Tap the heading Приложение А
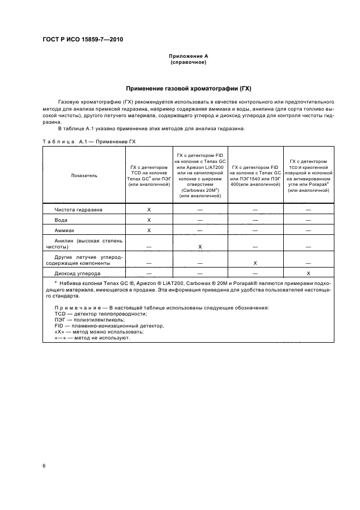(188, 56)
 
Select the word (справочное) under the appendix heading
(188, 62)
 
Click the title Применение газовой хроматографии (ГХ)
(188, 88)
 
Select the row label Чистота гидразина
(78, 209)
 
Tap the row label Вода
(61, 220)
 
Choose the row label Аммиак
(65, 230)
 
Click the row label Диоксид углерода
(77, 273)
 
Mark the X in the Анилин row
(200, 247)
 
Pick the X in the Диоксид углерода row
(308, 273)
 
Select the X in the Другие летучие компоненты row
(255, 263)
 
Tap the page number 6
(44, 466)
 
